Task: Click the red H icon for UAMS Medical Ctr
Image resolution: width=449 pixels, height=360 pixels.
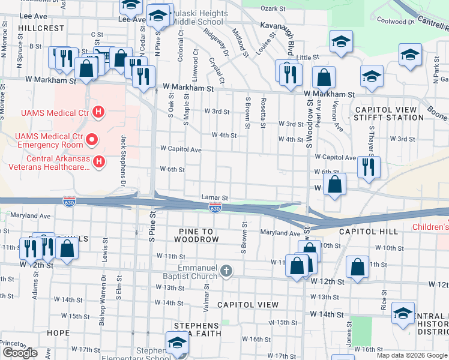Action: [x=100, y=112]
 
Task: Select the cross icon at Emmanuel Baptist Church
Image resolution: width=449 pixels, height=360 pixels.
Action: [x=226, y=271]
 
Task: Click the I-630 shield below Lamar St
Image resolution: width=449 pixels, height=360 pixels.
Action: [x=215, y=207]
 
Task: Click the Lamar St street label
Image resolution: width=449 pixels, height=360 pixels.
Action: [x=215, y=197]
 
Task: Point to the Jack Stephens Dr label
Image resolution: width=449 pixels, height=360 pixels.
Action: [x=123, y=159]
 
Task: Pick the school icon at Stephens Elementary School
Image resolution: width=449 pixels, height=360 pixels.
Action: [x=177, y=343]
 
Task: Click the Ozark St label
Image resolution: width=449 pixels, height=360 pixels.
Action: [x=273, y=8]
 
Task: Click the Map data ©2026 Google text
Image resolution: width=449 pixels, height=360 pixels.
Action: [x=412, y=355]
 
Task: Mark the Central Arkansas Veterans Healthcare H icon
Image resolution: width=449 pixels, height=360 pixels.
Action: [x=100, y=161]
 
